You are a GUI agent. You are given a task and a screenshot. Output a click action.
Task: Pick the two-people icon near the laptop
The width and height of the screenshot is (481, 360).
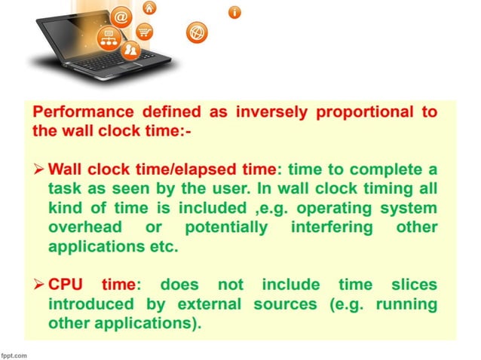coord(130,51)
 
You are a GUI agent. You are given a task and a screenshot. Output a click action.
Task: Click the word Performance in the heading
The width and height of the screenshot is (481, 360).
coord(77,112)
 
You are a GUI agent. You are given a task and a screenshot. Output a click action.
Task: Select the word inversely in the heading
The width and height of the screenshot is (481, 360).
coord(268,112)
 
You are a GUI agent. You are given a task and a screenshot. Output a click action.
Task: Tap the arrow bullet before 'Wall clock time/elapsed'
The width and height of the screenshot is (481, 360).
coord(38,166)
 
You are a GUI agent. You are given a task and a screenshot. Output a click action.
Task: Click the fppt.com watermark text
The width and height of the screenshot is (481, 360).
coord(14,354)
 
